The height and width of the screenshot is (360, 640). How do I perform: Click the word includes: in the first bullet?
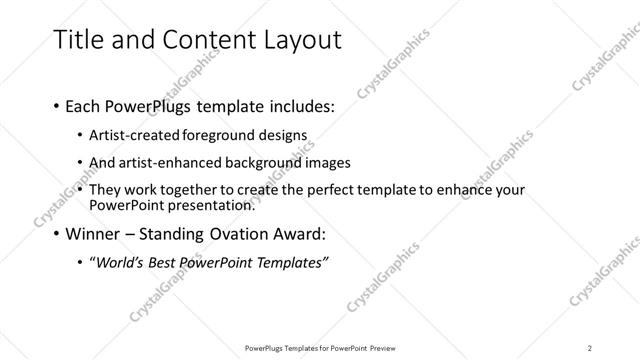pyautogui.click(x=298, y=106)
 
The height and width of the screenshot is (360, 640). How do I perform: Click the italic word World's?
pyautogui.click(x=119, y=263)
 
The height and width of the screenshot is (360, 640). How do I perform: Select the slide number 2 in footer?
pyautogui.click(x=590, y=348)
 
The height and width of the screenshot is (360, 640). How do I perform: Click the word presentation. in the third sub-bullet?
pyautogui.click(x=209, y=205)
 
